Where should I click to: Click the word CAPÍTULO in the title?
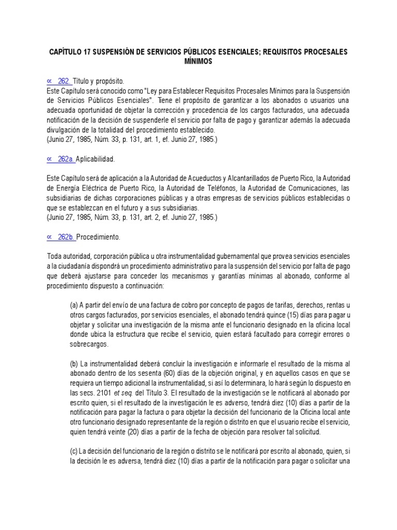68,52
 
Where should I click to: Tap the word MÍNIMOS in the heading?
198,62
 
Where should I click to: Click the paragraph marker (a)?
74,305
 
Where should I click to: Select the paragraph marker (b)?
74,364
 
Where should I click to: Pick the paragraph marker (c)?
74,451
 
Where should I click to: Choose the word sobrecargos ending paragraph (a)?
89,344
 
